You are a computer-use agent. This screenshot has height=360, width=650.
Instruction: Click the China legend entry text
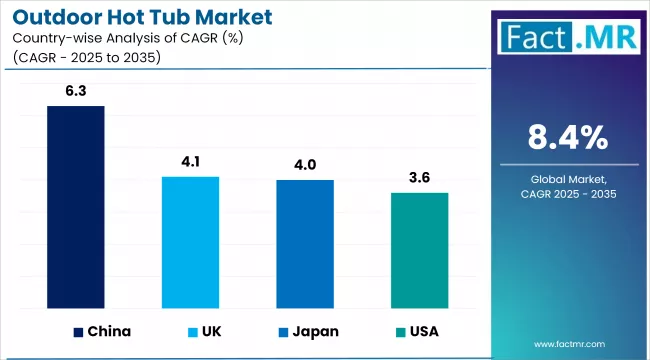109,330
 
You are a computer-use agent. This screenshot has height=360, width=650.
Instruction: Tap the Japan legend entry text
315,330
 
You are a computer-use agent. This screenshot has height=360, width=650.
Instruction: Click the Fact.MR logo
567,37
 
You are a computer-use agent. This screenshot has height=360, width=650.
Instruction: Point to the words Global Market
567,179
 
